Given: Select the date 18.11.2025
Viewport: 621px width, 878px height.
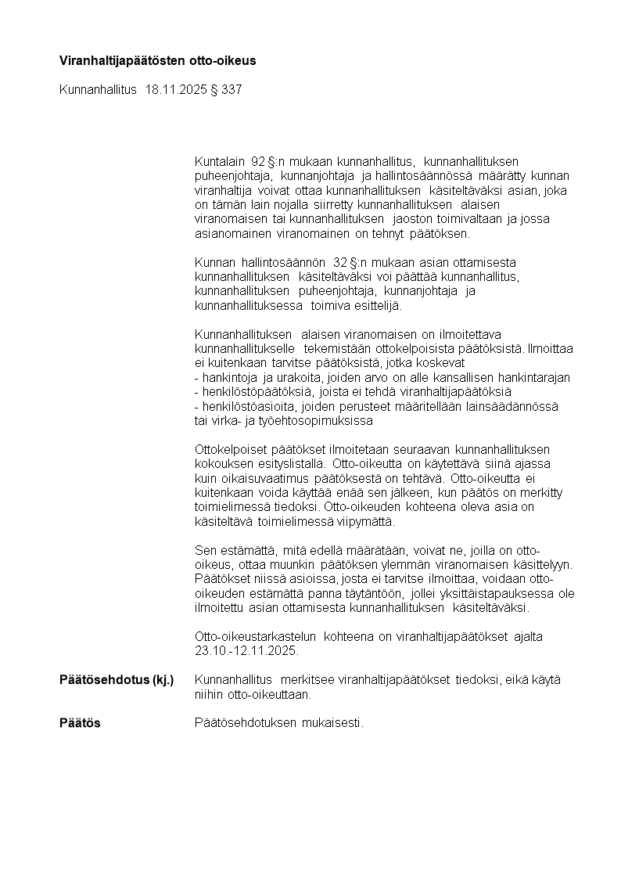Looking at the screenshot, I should (176, 90).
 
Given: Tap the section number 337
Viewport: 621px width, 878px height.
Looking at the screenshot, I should (232, 90).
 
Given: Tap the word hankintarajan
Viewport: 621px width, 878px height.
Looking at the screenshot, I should (533, 378).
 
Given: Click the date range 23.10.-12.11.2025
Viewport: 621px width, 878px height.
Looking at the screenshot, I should (246, 651).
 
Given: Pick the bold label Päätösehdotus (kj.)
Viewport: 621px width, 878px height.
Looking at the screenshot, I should (117, 680).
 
